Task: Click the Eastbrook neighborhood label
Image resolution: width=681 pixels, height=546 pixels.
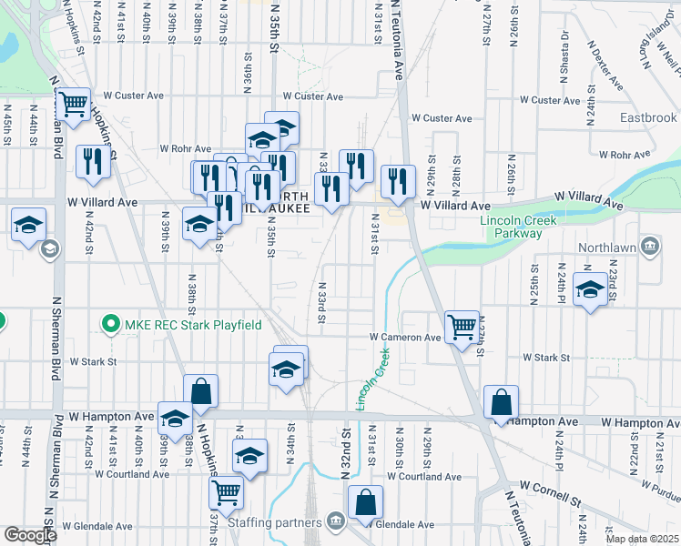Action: (x=648, y=118)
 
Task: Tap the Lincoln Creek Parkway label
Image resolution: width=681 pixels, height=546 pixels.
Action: (x=512, y=227)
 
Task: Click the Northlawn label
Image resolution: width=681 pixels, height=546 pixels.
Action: (x=613, y=245)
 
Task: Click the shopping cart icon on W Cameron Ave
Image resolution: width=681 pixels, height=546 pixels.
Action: (x=462, y=325)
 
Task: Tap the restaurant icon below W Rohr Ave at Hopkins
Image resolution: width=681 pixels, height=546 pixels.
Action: (x=93, y=161)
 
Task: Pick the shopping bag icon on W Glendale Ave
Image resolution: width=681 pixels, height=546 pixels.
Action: (x=365, y=501)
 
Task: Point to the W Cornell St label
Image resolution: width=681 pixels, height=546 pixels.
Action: (x=550, y=492)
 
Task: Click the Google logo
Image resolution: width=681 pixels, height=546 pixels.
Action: (x=30, y=535)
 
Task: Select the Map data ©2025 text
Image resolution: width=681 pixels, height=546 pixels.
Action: (x=642, y=539)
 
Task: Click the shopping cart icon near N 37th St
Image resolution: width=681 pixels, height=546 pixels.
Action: (x=225, y=492)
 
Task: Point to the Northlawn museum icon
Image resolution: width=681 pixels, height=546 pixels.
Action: (x=650, y=245)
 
